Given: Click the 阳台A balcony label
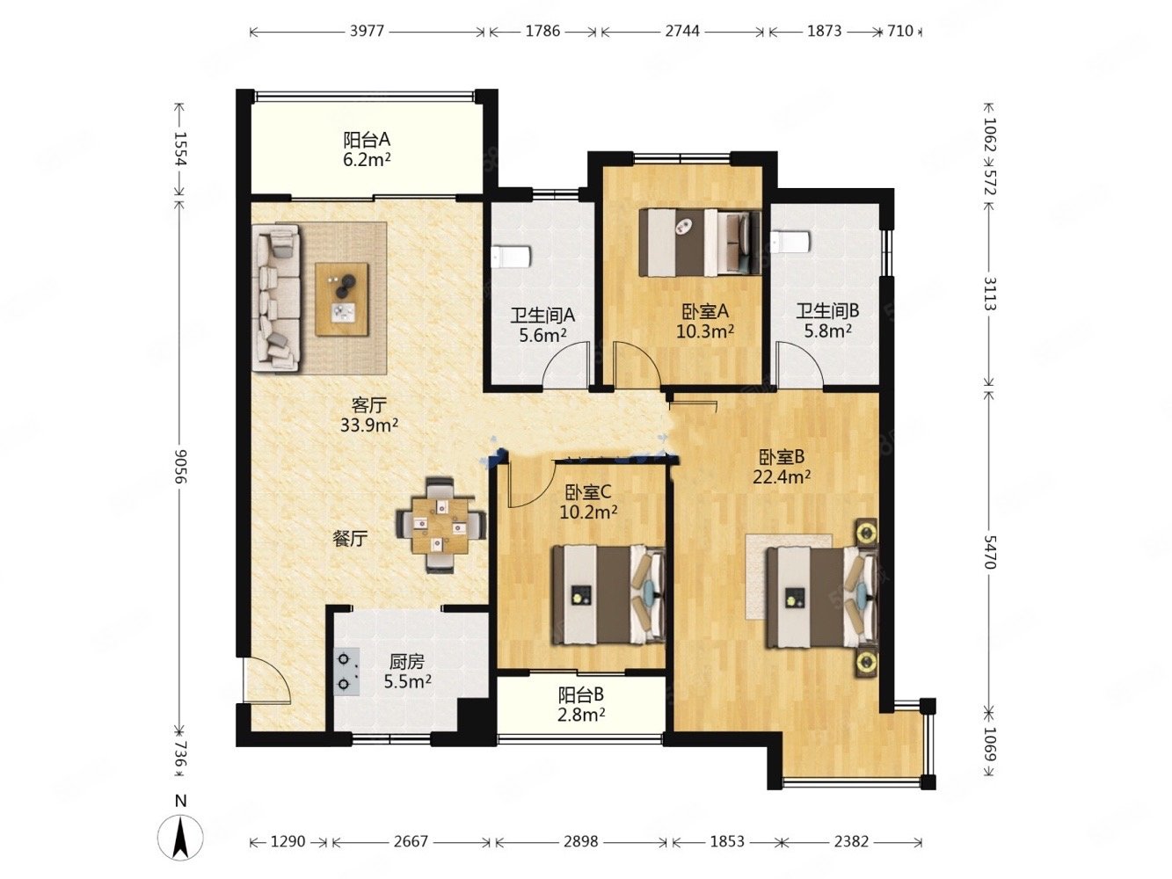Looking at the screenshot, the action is pos(367,140).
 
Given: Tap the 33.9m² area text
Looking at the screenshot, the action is pos(369,425).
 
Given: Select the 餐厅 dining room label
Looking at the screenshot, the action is pos(350,539).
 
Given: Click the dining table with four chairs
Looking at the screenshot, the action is pos(440,525).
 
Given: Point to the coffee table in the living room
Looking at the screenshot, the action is pos(342,299).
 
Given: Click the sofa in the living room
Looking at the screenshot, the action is pos(275,297).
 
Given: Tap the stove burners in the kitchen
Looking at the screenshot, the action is pos(346,672).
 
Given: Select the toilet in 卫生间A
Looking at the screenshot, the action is pos(511,258).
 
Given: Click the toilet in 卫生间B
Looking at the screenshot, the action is pos(790,243).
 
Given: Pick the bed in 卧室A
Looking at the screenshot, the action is pos(700,243).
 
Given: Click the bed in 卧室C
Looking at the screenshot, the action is pos(608,593).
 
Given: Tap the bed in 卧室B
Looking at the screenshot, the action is pos(822,598).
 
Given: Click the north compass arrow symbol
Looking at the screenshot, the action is pos(180,840).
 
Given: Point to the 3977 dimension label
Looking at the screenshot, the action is pos(367,31).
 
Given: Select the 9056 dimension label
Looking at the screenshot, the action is pos(181,466).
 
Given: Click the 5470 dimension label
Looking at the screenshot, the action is pos(989,552).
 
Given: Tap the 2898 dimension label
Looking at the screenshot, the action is pos(581,841).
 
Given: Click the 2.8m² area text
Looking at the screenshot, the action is pos(581,714).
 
